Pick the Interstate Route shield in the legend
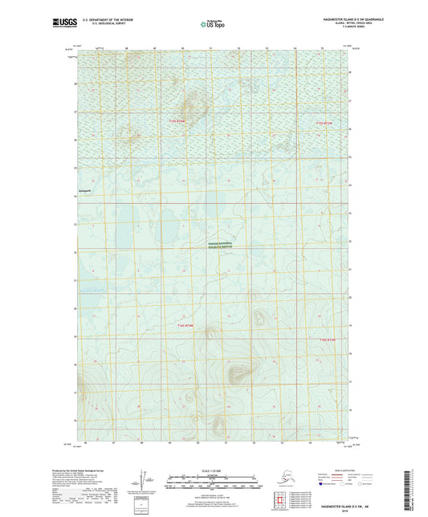pyautogui.click(x=328, y=486)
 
